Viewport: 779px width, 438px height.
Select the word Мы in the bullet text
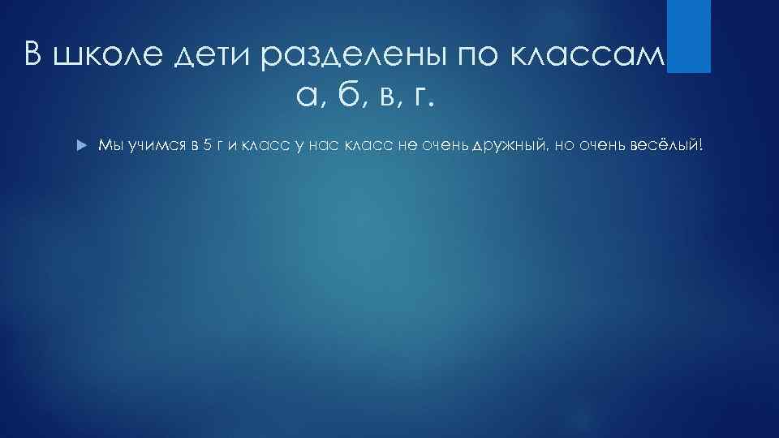[109, 145]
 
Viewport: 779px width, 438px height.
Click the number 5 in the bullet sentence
[208, 145]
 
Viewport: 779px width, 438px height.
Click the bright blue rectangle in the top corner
[689, 36]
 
